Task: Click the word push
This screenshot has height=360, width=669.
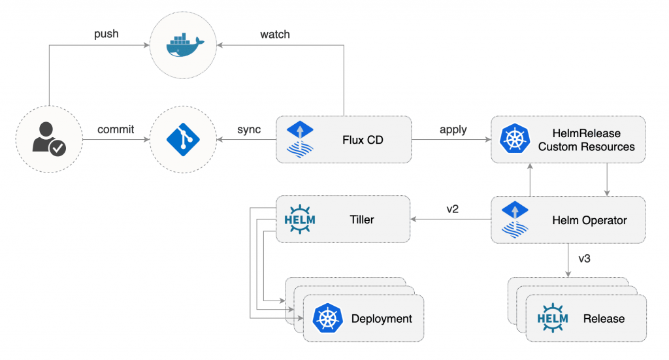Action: point(106,33)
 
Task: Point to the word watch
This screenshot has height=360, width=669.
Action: point(275,33)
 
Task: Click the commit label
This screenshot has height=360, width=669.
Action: point(116,129)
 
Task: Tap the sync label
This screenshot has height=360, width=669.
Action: point(249,129)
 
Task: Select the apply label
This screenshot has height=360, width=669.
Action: point(453,129)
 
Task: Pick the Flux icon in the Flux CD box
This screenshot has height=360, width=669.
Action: point(300,140)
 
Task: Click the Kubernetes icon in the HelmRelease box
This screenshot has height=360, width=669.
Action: point(514,140)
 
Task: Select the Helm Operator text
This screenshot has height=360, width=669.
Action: point(589,220)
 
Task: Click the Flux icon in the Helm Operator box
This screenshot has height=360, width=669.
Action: point(514,220)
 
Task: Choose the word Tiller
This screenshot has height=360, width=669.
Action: point(362,220)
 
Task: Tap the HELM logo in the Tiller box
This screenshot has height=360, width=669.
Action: point(300,220)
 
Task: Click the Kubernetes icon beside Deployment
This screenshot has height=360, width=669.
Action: point(328,319)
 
